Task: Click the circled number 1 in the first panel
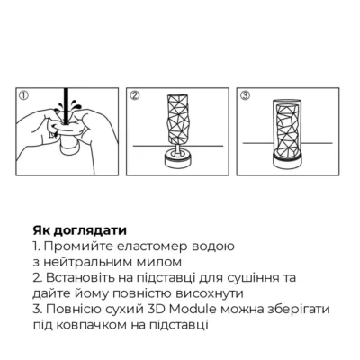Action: pos(24,94)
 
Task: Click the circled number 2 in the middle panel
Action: pos(134,94)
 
